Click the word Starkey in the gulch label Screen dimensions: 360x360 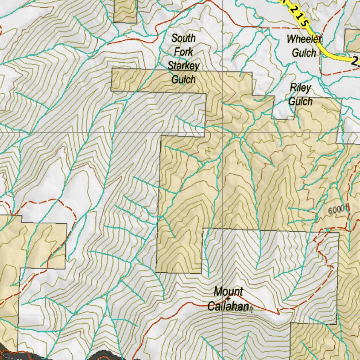(x=184, y=66)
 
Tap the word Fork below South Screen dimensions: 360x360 (x=184, y=52)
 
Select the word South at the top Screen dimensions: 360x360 (x=184, y=38)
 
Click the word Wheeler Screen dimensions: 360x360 (x=304, y=39)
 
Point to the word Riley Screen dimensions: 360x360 (x=300, y=88)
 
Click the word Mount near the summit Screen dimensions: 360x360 (x=229, y=291)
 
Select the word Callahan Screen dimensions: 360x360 (x=228, y=307)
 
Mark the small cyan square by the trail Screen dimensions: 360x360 (x=328, y=230)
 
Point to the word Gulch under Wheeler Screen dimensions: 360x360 (x=304, y=53)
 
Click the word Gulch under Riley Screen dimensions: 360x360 (x=300, y=102)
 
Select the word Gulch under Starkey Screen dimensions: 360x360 (x=184, y=79)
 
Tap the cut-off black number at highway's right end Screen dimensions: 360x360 (x=356, y=62)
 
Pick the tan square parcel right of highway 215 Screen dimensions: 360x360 (x=352, y=40)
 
